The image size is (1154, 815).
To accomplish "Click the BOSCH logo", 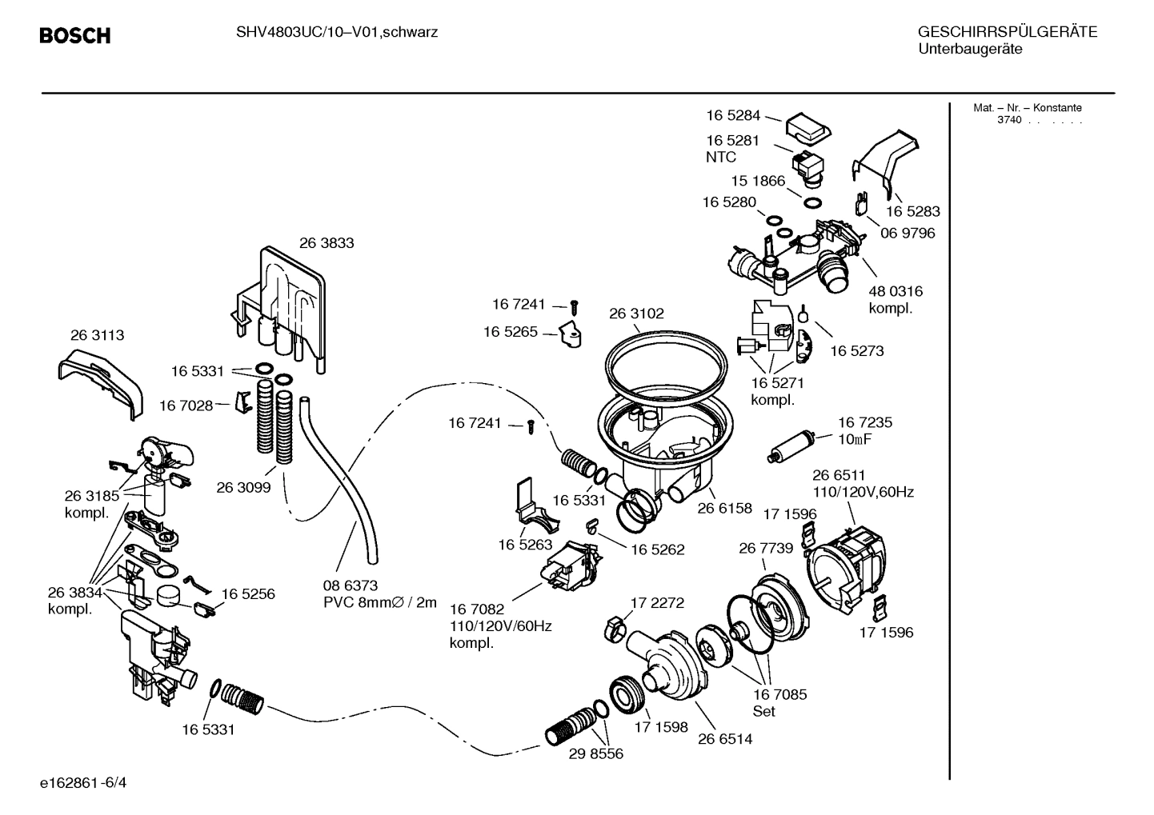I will click(74, 35).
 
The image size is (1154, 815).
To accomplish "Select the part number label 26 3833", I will click(327, 243).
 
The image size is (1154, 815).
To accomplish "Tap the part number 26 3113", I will click(98, 335).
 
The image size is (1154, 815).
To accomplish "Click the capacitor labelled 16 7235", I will click(791, 446).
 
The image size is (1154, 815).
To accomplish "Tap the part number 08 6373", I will click(351, 585).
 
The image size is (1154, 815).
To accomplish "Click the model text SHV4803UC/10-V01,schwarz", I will click(336, 33).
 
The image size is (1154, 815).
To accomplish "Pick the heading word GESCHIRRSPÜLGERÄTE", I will click(1007, 33).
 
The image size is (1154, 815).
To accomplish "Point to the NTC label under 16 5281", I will click(720, 158).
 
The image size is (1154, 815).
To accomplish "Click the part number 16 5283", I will click(912, 212).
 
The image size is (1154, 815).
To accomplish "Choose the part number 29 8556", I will click(595, 753).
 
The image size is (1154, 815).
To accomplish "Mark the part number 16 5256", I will click(248, 594).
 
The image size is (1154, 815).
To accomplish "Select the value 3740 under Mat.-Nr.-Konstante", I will click(1009, 120).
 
